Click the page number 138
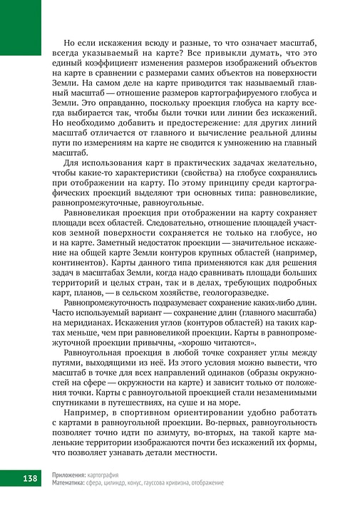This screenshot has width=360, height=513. pyautogui.click(x=22, y=477)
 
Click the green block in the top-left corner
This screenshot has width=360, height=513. pyautogui.click(x=20, y=27)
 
